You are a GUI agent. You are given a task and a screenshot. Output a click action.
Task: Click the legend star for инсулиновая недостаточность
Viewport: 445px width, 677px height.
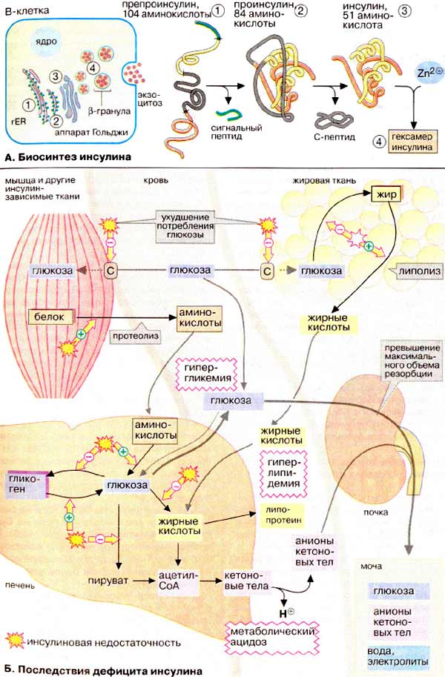pyautogui.click(x=14, y=639)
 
